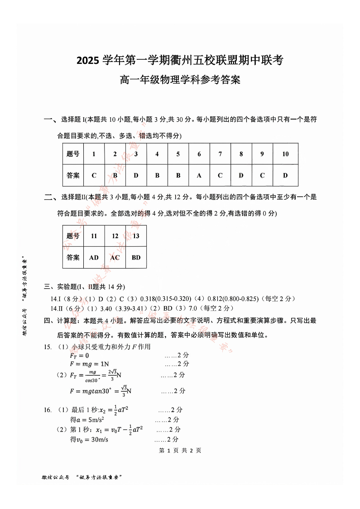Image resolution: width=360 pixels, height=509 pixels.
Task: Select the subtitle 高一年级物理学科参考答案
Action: pos(180,80)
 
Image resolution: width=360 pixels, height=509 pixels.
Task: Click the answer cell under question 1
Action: pos(94,175)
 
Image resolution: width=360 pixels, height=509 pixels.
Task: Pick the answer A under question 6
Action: pos(199,175)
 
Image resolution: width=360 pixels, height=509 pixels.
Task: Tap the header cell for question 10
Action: pos(285,154)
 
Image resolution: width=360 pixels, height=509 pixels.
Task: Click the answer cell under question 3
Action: pos(136,175)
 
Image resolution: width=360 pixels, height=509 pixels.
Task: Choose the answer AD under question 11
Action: pos(94,257)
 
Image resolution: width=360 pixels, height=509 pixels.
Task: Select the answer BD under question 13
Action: pos(136,257)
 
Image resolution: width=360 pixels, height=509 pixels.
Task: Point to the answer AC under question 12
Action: pos(115,257)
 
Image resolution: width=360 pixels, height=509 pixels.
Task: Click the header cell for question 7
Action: pos(220,154)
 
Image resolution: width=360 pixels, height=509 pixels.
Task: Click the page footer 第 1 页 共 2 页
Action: pos(180,451)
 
